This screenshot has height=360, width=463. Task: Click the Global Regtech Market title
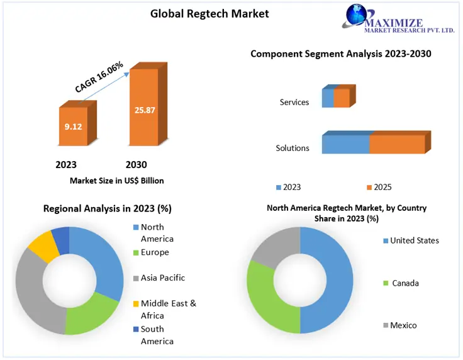[209, 13]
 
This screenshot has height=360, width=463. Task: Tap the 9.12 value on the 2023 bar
[74, 126]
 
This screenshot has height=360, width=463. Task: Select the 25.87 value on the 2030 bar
[145, 110]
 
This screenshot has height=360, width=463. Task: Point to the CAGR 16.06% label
[99, 77]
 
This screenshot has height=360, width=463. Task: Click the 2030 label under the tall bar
[136, 165]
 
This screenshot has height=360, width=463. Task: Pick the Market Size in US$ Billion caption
[116, 181]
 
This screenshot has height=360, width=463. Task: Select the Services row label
[294, 102]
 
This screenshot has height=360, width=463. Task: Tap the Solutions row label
[293, 148]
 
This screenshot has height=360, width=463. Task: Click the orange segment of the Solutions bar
[397, 144]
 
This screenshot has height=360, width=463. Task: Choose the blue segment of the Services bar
[328, 98]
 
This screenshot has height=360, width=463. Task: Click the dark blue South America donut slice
[60, 237]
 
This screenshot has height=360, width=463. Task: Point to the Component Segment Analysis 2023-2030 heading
[341, 53]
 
